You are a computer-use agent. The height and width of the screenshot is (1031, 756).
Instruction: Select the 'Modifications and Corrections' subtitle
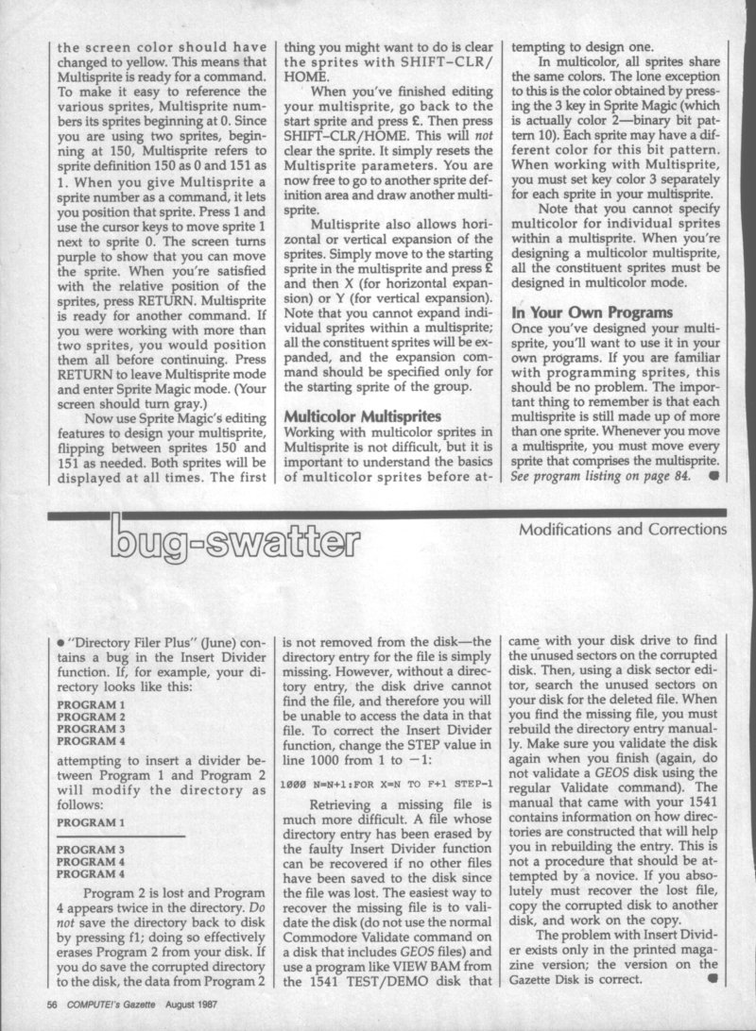coord(623,530)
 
